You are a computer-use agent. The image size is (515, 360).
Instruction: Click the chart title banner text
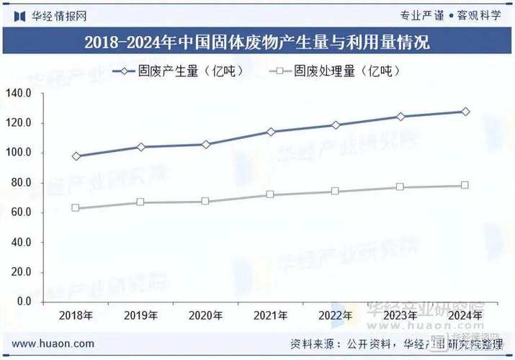click(x=257, y=42)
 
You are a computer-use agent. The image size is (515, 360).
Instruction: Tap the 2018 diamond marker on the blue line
click(x=76, y=156)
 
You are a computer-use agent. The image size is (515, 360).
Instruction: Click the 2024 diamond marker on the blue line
click(x=465, y=112)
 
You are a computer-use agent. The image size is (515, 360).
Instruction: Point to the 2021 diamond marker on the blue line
click(x=271, y=132)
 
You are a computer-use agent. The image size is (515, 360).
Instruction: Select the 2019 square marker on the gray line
click(x=141, y=202)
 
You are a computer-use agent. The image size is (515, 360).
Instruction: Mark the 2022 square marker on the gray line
click(x=336, y=192)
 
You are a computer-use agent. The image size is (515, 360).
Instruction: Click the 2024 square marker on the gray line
click(x=465, y=185)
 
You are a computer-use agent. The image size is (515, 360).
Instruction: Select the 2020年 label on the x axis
click(x=206, y=315)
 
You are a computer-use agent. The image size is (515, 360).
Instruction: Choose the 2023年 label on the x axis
click(x=400, y=315)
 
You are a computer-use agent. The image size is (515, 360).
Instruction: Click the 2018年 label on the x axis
click(x=76, y=315)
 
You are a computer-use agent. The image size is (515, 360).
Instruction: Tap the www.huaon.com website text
click(x=53, y=344)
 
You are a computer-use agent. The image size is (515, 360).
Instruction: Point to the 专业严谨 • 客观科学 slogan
click(x=450, y=15)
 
